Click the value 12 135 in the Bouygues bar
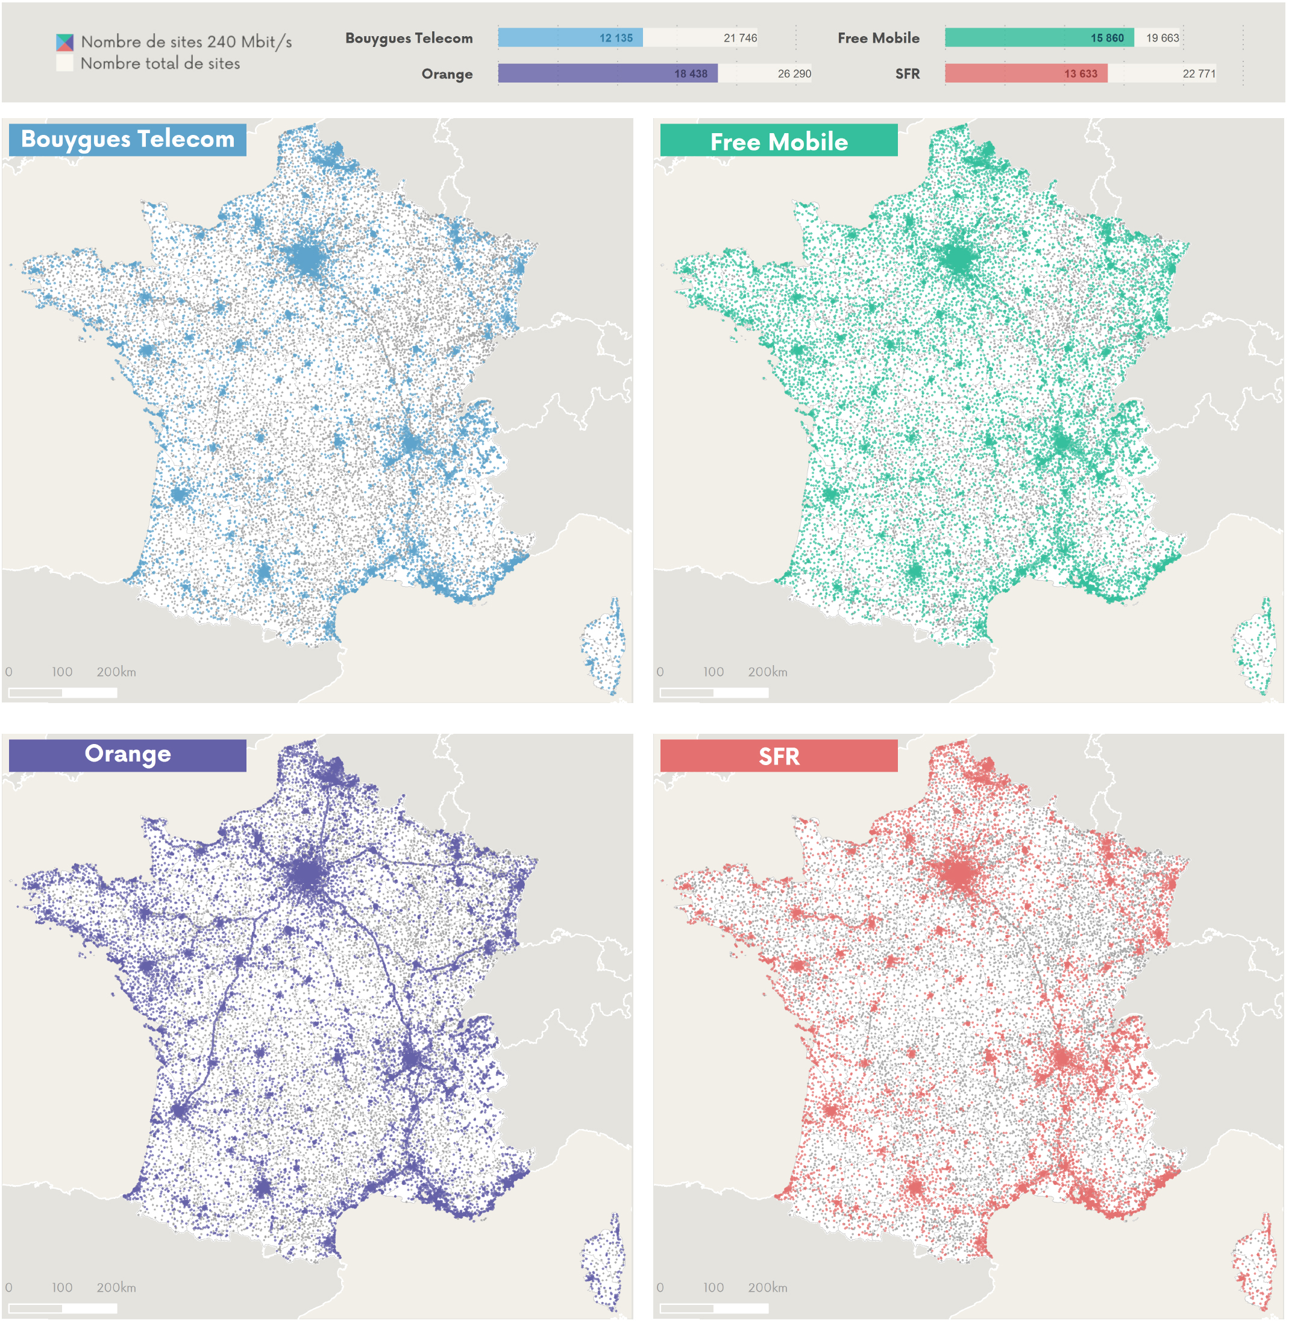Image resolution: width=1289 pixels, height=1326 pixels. click(x=615, y=38)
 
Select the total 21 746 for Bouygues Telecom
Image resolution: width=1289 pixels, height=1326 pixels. click(x=740, y=38)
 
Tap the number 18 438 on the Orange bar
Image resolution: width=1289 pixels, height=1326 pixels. click(x=690, y=73)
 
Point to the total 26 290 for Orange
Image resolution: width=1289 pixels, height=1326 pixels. click(x=794, y=73)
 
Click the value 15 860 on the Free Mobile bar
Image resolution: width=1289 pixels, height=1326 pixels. click(x=1106, y=38)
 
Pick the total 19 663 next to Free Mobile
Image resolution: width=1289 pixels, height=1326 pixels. click(x=1162, y=38)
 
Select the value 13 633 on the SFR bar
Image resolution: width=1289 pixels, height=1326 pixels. click(x=1080, y=73)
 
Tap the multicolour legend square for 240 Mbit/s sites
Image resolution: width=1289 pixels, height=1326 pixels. click(x=64, y=43)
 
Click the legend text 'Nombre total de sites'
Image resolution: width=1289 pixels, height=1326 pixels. click(x=160, y=64)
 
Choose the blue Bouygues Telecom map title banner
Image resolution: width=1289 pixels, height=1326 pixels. click(x=127, y=139)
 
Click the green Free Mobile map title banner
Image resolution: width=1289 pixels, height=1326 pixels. click(x=779, y=141)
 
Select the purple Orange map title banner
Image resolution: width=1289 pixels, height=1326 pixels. click(x=127, y=755)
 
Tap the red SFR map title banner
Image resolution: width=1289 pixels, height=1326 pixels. click(x=779, y=756)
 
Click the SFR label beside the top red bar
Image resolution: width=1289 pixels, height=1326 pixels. click(x=907, y=73)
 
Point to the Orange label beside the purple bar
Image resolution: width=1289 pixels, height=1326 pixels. click(x=447, y=73)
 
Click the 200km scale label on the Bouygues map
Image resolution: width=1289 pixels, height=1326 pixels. click(x=116, y=672)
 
